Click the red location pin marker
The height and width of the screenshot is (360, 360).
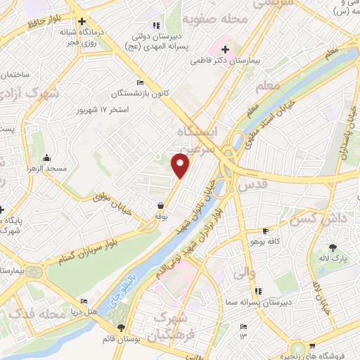(x=181, y=165)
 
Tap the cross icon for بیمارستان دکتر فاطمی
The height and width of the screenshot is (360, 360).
(x=225, y=50)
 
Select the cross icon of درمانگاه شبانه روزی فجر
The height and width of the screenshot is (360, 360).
(x=82, y=22)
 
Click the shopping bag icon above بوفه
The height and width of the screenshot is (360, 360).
(x=162, y=205)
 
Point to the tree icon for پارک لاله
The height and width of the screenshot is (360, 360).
(x=333, y=247)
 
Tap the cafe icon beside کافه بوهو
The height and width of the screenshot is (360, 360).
(x=264, y=231)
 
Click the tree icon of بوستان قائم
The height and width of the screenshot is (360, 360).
(x=122, y=328)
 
